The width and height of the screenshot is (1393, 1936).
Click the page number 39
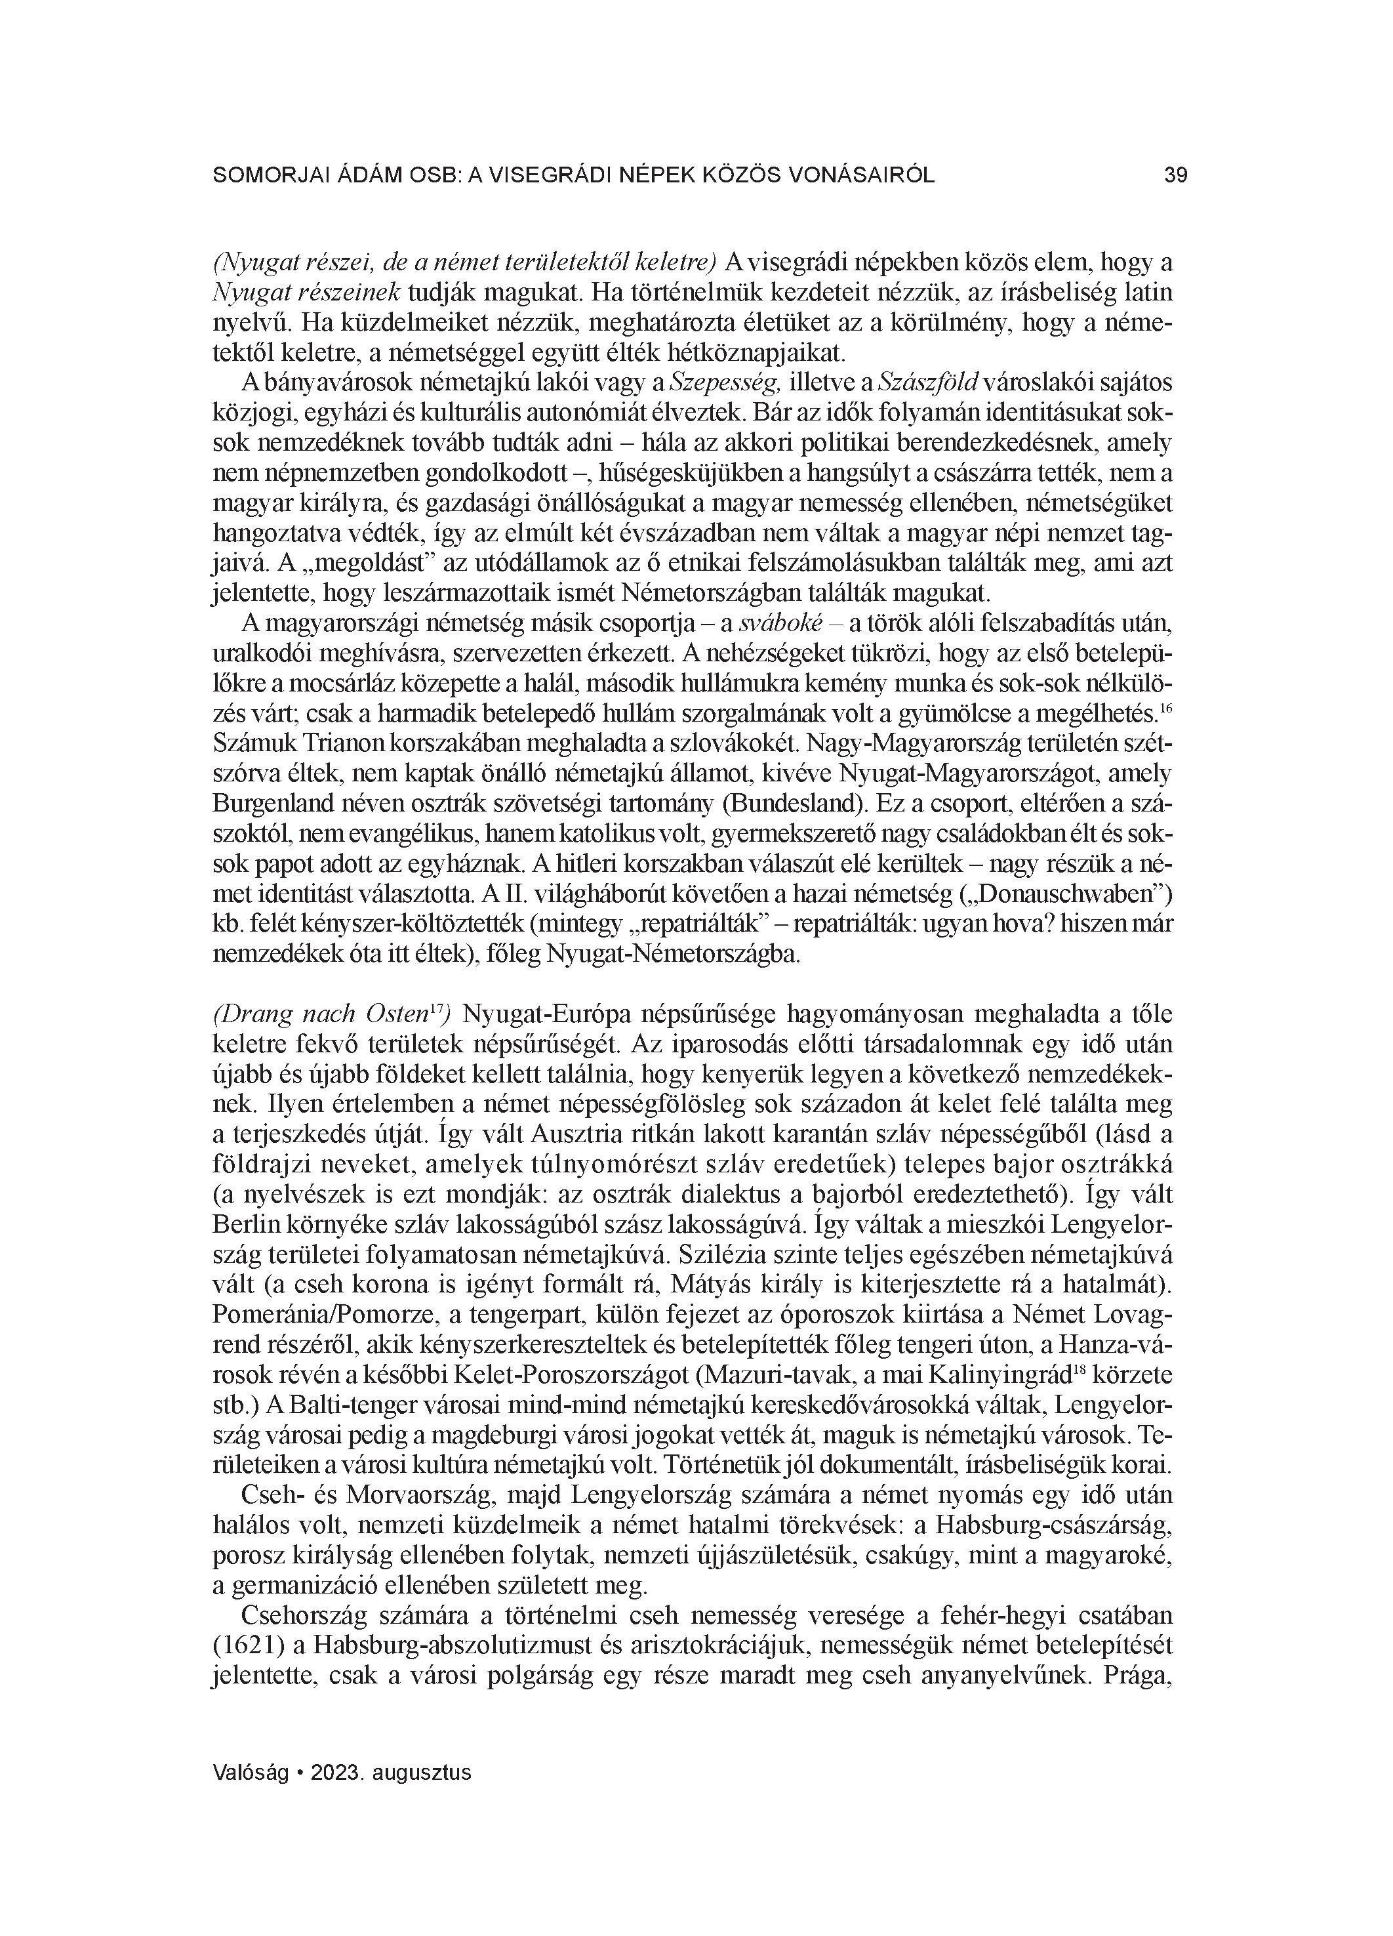coord(1175,176)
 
